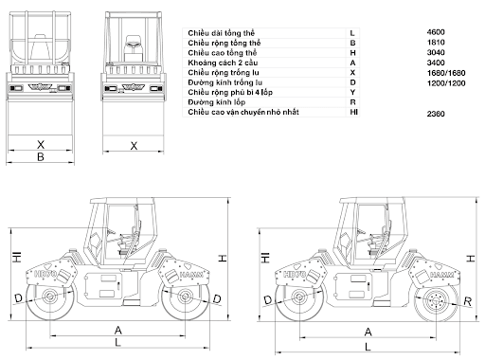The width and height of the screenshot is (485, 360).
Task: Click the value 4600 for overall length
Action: pyautogui.click(x=436, y=32)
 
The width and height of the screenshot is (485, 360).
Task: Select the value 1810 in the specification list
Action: pyautogui.click(x=436, y=43)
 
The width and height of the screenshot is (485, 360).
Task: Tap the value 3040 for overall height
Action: pyautogui.click(x=436, y=52)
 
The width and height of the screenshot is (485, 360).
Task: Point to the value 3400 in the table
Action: pyautogui.click(x=436, y=63)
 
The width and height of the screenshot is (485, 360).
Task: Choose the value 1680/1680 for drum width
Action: pyautogui.click(x=446, y=73)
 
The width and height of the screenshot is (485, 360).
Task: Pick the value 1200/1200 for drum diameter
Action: pyautogui.click(x=446, y=83)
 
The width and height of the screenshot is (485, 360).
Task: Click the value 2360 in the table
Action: pyautogui.click(x=436, y=114)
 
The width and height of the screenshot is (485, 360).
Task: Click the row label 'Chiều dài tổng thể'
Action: pyautogui.click(x=221, y=33)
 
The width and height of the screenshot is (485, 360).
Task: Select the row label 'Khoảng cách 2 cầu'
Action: pyautogui.click(x=223, y=63)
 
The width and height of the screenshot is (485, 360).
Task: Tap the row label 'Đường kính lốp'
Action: pyautogui.click(x=217, y=102)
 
